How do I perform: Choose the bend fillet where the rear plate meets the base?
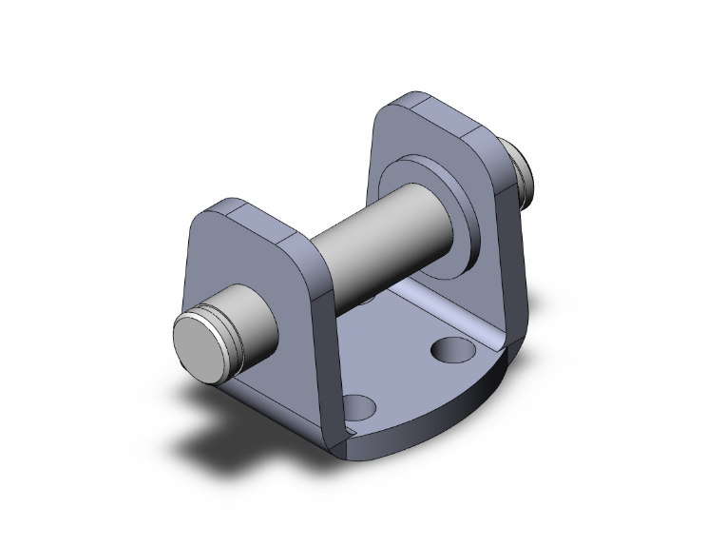click(x=494, y=328)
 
